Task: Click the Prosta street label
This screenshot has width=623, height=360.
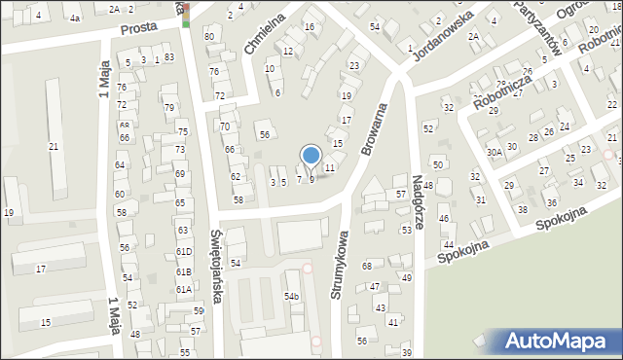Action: click(139, 29)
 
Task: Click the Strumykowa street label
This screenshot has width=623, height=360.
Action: click(342, 264)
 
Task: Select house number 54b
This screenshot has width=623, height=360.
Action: click(291, 296)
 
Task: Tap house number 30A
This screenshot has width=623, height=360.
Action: click(495, 152)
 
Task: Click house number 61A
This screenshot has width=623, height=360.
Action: click(183, 290)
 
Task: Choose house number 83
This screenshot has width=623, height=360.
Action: click(169, 58)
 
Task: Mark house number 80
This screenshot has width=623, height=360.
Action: click(208, 36)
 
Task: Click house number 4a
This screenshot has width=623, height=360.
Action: click(75, 18)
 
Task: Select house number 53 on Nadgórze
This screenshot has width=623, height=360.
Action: click(406, 231)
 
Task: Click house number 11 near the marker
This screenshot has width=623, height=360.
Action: click(330, 168)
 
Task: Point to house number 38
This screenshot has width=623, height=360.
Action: click(523, 210)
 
